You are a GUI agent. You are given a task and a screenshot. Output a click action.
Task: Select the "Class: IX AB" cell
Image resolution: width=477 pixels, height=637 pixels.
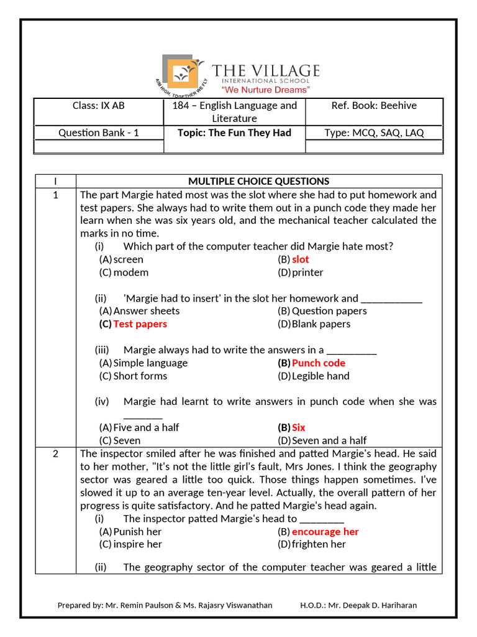point(98,106)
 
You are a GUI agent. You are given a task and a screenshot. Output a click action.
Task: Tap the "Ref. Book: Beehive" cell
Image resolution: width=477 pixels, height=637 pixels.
point(374,106)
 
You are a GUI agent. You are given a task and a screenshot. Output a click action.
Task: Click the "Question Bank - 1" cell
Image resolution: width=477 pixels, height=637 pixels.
point(98,133)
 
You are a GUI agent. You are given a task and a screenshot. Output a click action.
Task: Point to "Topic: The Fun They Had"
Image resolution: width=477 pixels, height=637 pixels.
point(234,133)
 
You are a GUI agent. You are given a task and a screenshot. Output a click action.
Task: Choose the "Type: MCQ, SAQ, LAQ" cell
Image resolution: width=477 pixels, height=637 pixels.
point(374,133)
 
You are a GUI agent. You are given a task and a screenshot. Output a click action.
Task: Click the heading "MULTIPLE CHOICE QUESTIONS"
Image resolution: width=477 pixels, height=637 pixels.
point(258,181)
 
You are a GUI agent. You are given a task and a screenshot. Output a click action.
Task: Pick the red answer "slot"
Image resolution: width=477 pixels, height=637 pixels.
point(300,259)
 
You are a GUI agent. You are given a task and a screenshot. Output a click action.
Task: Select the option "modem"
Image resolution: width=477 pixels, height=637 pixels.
point(130,272)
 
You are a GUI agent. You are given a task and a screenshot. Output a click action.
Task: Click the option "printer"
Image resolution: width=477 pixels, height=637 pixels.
point(307,272)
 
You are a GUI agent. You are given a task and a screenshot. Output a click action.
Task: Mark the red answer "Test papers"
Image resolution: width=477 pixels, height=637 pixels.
point(140,324)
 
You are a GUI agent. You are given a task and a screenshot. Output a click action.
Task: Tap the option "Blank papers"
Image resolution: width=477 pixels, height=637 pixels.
point(320,324)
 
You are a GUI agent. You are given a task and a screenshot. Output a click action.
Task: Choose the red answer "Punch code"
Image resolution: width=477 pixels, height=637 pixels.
point(318,363)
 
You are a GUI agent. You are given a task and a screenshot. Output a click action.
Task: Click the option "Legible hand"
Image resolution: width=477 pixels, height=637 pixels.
point(320,376)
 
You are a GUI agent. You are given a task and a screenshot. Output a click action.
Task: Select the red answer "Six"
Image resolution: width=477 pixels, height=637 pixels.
point(298,427)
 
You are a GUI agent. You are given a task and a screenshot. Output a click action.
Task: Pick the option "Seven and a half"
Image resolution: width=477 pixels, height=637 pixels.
point(329,440)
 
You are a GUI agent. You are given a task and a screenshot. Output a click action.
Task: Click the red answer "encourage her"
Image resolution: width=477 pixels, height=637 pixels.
point(325,532)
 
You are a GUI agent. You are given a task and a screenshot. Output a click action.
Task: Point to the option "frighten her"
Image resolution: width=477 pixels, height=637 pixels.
point(319,544)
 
